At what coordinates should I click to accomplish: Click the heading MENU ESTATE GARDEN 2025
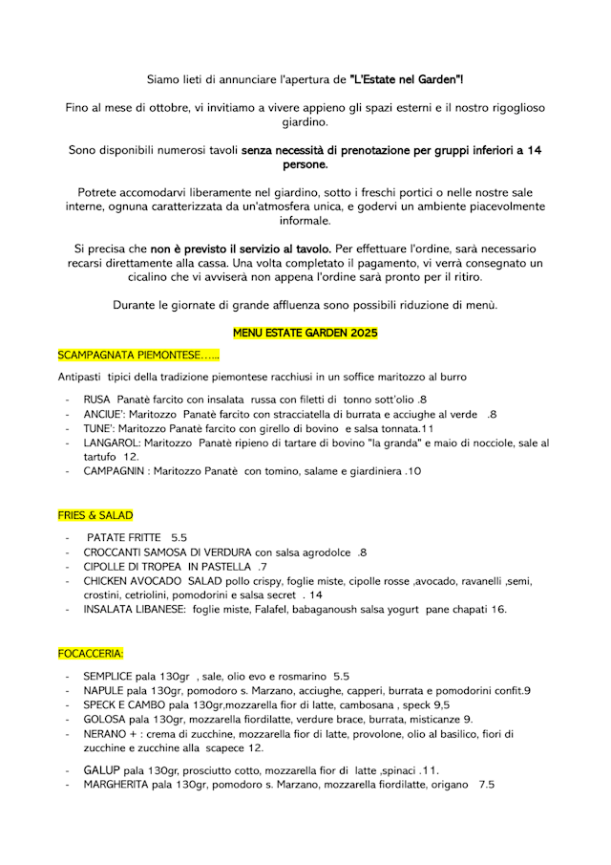(x=305, y=333)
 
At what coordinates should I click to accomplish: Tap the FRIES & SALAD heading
(x=95, y=515)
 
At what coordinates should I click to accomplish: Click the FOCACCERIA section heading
(x=90, y=654)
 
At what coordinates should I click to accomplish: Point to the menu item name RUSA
(x=96, y=399)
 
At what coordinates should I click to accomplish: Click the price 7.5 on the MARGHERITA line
(x=486, y=785)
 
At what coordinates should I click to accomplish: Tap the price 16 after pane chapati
(x=498, y=609)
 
